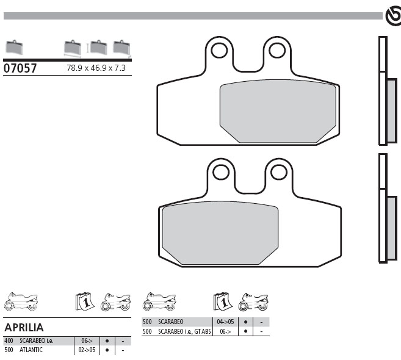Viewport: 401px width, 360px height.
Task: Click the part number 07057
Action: [x=20, y=68]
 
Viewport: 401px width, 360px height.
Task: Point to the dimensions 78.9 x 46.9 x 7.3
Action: [x=96, y=68]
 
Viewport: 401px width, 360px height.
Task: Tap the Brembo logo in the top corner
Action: [x=393, y=16]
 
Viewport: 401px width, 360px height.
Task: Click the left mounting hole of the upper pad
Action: [x=220, y=51]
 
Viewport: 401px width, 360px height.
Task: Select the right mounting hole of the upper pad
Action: [x=277, y=51]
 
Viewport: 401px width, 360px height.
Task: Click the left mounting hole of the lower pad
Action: [x=221, y=172]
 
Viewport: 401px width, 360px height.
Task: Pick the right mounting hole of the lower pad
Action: [x=279, y=172]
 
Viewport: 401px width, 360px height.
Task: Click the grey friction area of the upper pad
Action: [x=278, y=111]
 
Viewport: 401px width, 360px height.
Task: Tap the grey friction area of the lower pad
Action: [x=220, y=233]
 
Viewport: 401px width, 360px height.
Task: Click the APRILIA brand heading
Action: [x=24, y=328]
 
